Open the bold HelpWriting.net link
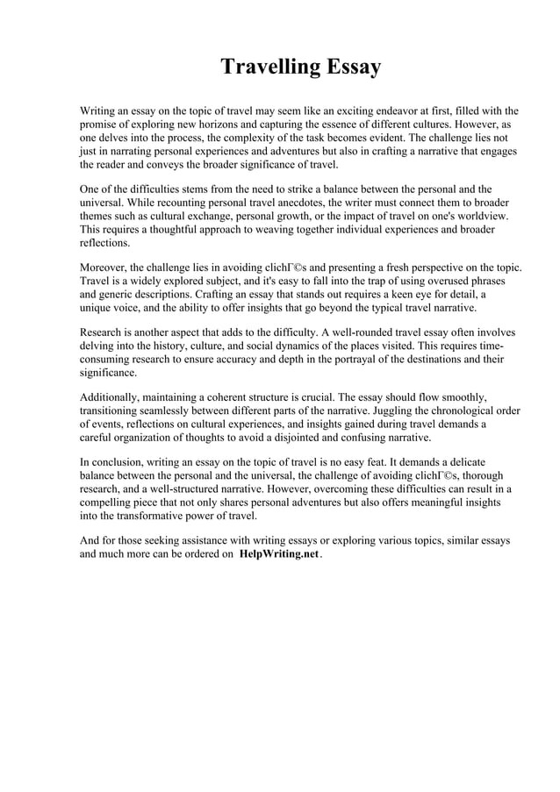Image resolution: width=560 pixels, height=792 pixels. click(278, 555)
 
